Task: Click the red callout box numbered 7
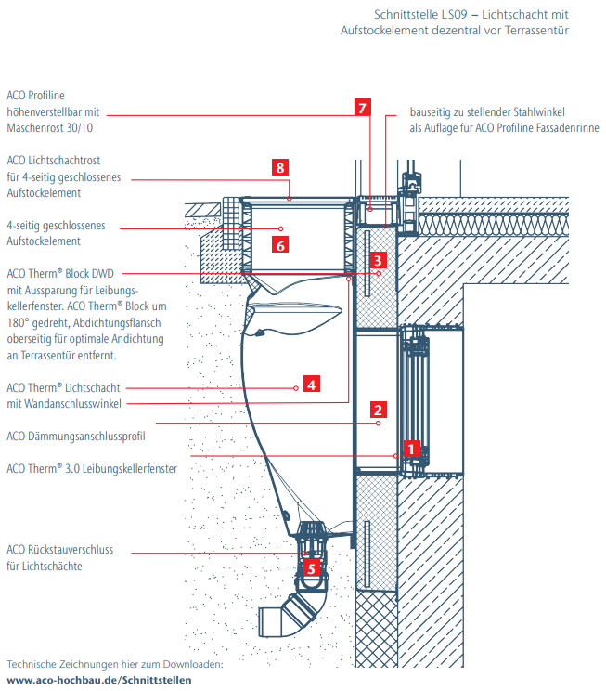point(363,107)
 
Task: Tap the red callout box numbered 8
point(279,167)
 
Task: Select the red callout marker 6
point(279,243)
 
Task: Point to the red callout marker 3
point(377,260)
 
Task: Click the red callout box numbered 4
point(312,383)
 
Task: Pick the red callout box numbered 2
point(377,408)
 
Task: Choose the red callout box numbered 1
point(413,450)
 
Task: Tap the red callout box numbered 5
point(312,566)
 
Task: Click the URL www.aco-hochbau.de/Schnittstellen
point(99,680)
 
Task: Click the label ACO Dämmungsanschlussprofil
point(76,436)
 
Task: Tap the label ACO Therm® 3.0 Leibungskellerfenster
point(92,469)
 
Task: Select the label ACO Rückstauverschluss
point(60,550)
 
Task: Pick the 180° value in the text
point(19,322)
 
